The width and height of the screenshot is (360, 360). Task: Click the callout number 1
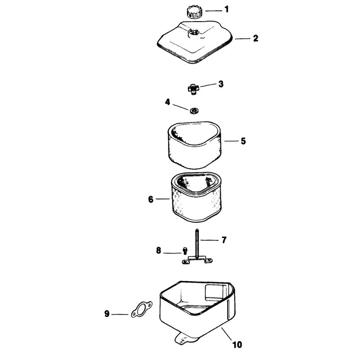click(227, 9)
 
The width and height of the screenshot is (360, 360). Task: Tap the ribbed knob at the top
click(194, 12)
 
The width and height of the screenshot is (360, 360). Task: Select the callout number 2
click(256, 38)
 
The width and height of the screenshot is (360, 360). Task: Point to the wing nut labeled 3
click(193, 89)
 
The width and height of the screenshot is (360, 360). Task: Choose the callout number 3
click(220, 84)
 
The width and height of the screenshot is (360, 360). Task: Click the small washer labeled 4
click(194, 111)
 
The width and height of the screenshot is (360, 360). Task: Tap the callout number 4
click(167, 102)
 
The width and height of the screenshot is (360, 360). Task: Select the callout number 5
click(243, 141)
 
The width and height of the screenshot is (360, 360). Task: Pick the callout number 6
click(151, 199)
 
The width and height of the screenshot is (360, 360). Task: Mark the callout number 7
click(224, 240)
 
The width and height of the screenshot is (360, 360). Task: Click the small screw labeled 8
click(185, 251)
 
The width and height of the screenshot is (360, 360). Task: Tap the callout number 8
click(158, 250)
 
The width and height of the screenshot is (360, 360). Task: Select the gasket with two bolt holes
click(142, 310)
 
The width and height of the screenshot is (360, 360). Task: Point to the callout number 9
click(107, 314)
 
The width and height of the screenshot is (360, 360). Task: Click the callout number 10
click(237, 345)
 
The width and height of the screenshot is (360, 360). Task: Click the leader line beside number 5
click(231, 141)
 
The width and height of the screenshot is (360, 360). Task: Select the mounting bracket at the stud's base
click(197, 261)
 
